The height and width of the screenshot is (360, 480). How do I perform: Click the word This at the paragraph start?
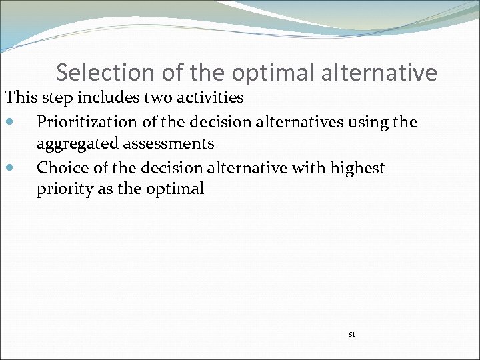point(21,97)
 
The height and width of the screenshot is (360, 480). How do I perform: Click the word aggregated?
point(75,143)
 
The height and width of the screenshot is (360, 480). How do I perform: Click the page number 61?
point(351,333)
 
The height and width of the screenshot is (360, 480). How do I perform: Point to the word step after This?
point(55,98)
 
